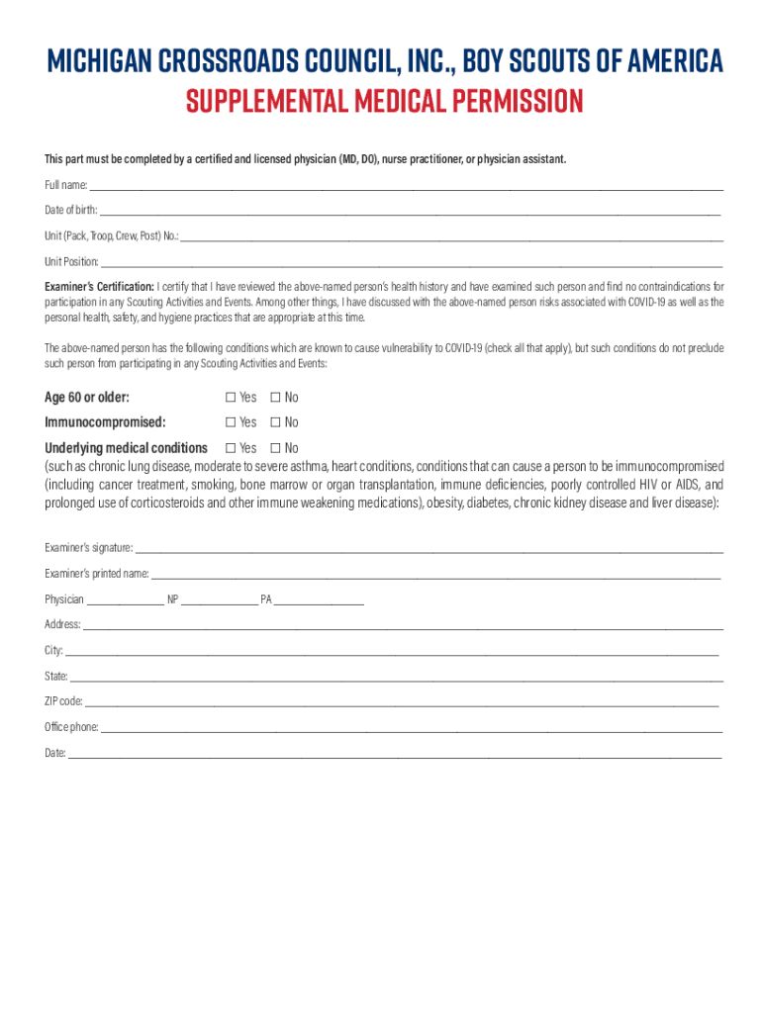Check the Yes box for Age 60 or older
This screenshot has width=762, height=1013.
(x=231, y=398)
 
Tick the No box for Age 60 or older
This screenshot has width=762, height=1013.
(x=275, y=398)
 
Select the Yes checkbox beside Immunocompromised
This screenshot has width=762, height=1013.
(x=231, y=422)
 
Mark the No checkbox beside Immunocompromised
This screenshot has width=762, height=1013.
(x=275, y=422)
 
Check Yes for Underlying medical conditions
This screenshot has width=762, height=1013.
(x=231, y=448)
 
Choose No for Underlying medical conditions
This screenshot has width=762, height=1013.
(x=275, y=448)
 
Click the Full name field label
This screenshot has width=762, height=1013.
(x=65, y=185)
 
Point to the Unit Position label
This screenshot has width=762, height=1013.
(x=71, y=262)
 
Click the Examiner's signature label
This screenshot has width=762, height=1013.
(x=88, y=547)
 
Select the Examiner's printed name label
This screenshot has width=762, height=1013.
(x=96, y=573)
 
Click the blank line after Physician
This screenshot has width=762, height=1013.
(x=126, y=600)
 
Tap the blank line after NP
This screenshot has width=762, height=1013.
(x=219, y=600)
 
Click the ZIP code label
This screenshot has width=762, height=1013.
(x=63, y=701)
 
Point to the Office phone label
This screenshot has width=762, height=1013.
(x=71, y=727)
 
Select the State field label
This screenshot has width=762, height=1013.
(x=55, y=677)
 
